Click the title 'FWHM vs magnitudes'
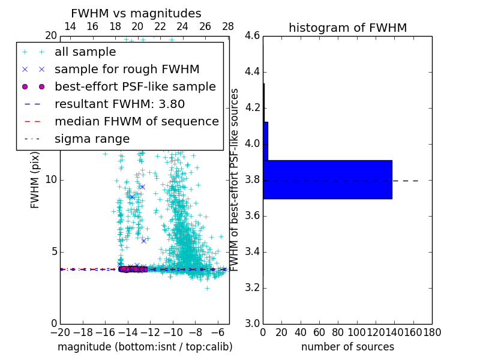[136, 14]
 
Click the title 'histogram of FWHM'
[347, 28]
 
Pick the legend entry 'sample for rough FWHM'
[127, 69]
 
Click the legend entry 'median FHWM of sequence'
[136, 121]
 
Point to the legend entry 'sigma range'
[92, 139]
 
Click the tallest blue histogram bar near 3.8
[327, 179]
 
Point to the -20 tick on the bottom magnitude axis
[60, 331]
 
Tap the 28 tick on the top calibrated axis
[228, 26]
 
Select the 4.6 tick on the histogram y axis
[252, 36]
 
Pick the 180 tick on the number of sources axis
[432, 331]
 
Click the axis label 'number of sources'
[347, 347]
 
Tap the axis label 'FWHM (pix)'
[35, 179]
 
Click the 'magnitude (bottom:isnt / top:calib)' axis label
[145, 347]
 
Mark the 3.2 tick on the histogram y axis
[252, 287]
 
